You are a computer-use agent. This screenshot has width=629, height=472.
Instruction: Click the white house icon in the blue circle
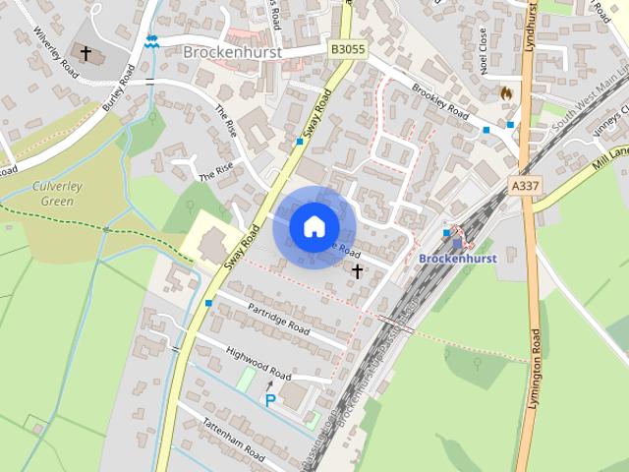[314, 226]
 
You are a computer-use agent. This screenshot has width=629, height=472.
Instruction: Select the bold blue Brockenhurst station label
[457, 258]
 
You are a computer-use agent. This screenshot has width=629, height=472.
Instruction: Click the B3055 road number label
[347, 48]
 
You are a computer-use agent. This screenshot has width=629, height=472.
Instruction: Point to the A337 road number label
[526, 184]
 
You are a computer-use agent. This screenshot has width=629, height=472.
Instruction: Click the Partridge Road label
[278, 317]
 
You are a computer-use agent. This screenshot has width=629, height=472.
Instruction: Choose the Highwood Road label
[258, 364]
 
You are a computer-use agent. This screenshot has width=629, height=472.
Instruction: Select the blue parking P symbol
[269, 400]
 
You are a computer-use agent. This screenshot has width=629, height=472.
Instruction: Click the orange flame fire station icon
[506, 91]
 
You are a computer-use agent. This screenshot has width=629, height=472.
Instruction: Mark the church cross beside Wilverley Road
[86, 52]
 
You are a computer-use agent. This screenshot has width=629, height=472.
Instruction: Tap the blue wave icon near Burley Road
[150, 41]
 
